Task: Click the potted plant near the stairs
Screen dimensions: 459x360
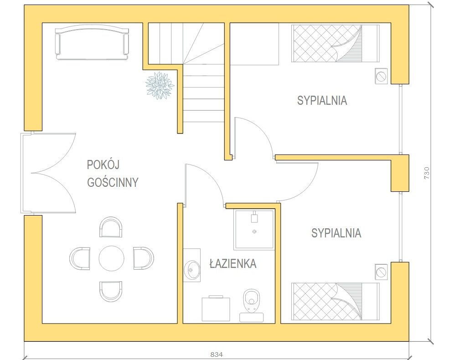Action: click(160, 86)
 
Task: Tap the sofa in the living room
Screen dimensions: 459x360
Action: click(92, 42)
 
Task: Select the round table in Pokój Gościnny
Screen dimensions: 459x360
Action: click(112, 258)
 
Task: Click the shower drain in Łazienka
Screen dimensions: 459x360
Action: click(254, 231)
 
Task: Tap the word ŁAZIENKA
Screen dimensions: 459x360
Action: click(233, 264)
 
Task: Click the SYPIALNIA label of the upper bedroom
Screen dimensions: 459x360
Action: click(322, 100)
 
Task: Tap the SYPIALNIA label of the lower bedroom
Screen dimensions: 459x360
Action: click(336, 233)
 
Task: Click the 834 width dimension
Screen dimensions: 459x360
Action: click(217, 355)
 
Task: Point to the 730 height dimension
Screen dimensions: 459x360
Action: click(427, 173)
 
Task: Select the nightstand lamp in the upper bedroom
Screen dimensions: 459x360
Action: click(382, 77)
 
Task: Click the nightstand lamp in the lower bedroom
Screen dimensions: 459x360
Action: click(382, 272)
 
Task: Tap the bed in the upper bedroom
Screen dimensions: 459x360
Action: click(335, 43)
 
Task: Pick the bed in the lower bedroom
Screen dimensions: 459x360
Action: click(335, 302)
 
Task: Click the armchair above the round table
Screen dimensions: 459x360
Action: click(111, 227)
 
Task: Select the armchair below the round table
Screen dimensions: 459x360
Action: click(111, 292)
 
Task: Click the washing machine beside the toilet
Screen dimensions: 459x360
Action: click(216, 309)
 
